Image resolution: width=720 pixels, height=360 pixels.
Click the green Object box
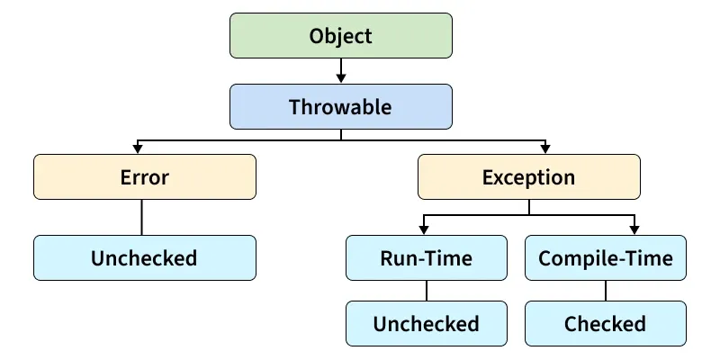pyautogui.click(x=340, y=36)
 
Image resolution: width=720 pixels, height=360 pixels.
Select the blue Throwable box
pyautogui.click(x=340, y=107)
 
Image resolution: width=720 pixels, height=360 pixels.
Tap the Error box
pyautogui.click(x=144, y=177)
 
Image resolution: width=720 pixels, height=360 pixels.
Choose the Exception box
pyautogui.click(x=528, y=177)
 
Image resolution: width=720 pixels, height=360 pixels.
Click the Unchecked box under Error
pyautogui.click(x=144, y=257)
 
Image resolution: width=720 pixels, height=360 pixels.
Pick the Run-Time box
pyautogui.click(x=426, y=257)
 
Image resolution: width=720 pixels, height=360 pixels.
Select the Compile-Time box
pyautogui.click(x=605, y=257)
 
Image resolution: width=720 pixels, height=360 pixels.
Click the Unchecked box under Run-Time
pyautogui.click(x=426, y=323)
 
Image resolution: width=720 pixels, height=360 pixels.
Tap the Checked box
pyautogui.click(x=605, y=323)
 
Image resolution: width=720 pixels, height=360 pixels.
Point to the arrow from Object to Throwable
pyautogui.click(x=340, y=70)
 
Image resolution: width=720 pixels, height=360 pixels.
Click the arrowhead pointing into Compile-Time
pyautogui.click(x=634, y=229)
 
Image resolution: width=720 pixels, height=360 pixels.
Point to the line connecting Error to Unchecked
pyautogui.click(x=142, y=217)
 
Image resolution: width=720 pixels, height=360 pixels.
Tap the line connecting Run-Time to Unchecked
pyautogui.click(x=426, y=290)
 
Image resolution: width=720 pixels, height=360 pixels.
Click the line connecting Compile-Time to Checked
pyautogui.click(x=605, y=290)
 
